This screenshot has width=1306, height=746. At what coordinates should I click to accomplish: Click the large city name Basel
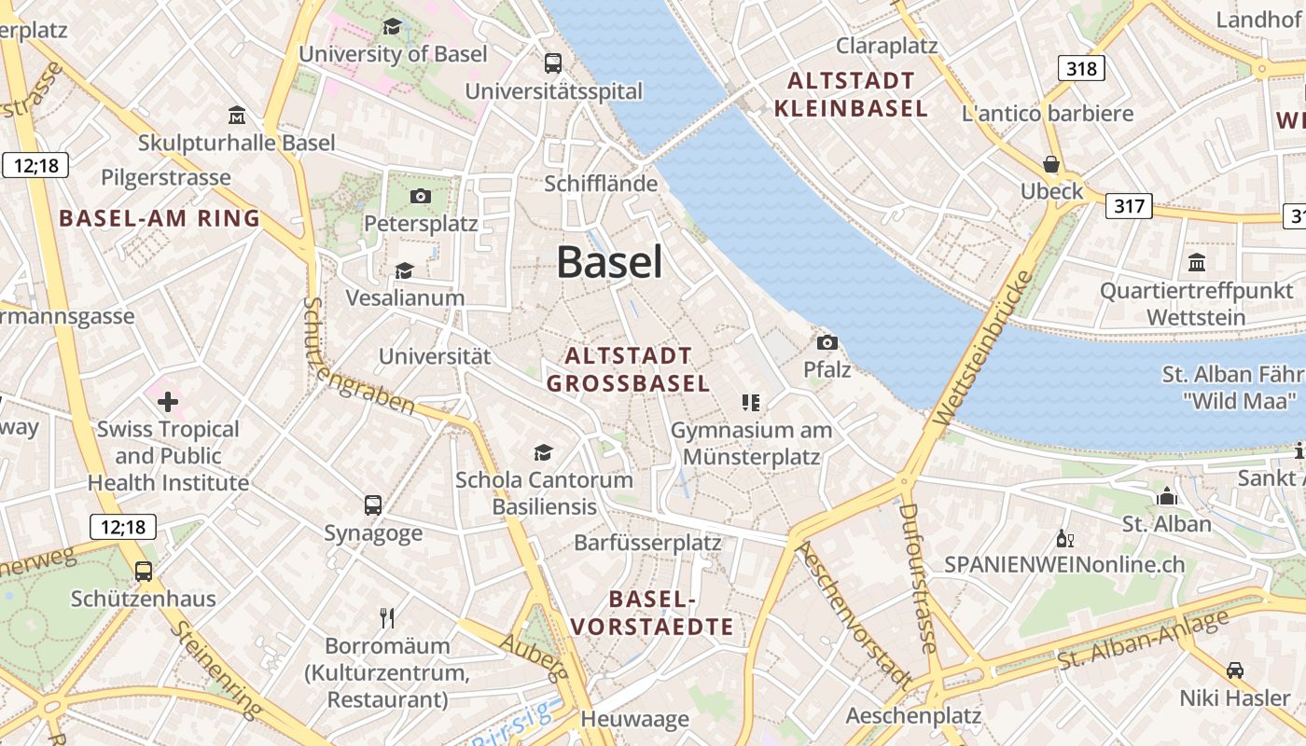(610, 262)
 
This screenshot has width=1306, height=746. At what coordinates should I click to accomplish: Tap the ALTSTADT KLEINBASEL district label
(851, 94)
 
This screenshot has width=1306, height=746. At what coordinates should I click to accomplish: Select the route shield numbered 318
(1081, 68)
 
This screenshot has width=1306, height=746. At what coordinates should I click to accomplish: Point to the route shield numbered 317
(1129, 205)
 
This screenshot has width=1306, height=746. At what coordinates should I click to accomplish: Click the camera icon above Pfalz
(827, 342)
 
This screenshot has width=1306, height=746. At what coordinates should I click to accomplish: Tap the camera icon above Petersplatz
(421, 196)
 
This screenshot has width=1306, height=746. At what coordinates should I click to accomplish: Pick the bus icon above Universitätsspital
(553, 63)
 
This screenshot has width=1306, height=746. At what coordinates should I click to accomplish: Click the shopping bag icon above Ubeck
(1051, 164)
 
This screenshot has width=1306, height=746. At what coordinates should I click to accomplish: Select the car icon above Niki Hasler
(1234, 670)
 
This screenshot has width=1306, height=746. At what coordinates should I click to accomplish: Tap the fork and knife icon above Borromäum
(388, 617)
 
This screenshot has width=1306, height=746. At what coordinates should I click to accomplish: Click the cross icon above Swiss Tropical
(168, 402)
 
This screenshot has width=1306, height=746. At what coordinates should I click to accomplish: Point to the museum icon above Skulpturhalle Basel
(237, 116)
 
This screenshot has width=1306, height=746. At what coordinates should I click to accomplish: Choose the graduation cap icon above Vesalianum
(404, 270)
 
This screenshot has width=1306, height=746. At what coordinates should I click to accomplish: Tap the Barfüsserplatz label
(647, 542)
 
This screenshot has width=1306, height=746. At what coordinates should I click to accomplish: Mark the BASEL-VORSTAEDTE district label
(652, 613)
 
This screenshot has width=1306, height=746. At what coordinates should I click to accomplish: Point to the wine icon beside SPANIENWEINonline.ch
(1064, 539)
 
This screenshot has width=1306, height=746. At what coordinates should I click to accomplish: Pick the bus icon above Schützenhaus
(144, 571)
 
